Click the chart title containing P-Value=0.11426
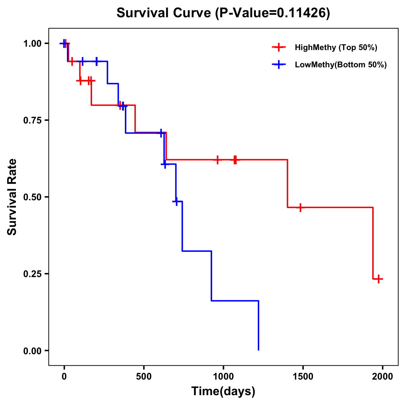click(223, 13)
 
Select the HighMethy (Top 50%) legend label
click(336, 47)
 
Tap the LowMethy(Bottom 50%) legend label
click(341, 65)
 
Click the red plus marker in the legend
click(278, 47)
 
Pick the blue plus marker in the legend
click(278, 65)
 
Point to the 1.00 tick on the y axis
click(32, 44)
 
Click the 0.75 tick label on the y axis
click(32, 120)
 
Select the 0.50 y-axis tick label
click(32, 197)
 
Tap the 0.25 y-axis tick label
click(32, 274)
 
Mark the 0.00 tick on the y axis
click(32, 351)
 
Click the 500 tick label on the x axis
click(144, 377)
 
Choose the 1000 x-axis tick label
click(223, 377)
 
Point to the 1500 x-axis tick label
click(303, 377)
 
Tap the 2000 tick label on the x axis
click(382, 377)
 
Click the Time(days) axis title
click(223, 391)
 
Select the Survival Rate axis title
click(12, 197)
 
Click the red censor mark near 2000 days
click(379, 279)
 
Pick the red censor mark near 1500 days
click(300, 207)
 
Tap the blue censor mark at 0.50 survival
click(176, 201)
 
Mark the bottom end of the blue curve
click(258, 350)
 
